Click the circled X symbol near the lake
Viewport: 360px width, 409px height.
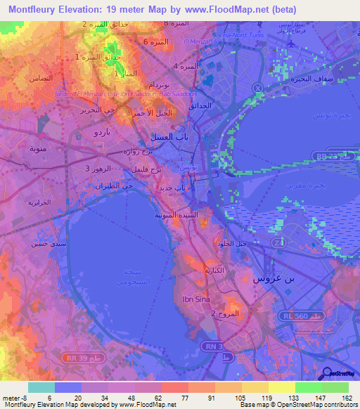tap(257, 88)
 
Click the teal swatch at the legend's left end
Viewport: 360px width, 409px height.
tap(41, 387)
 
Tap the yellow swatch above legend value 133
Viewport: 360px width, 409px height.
tap(282, 387)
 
